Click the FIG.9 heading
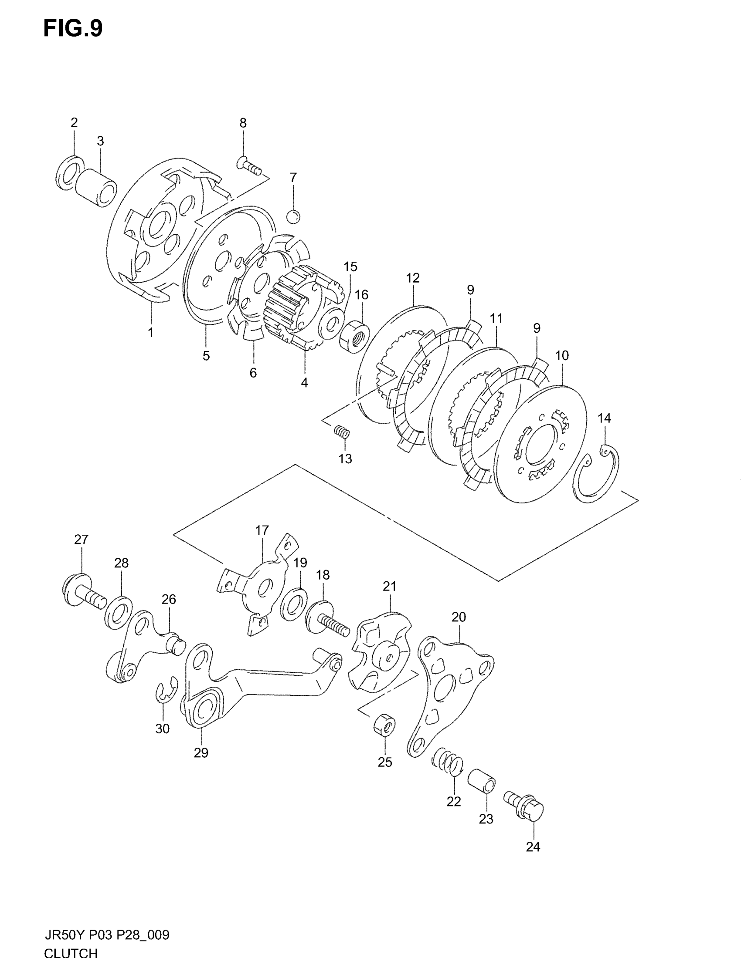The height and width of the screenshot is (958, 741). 73,29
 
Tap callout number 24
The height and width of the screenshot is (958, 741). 533,847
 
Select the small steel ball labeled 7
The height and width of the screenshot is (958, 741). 293,216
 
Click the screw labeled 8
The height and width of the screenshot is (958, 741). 249,166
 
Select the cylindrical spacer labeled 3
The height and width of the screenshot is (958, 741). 97,188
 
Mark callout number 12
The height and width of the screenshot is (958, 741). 413,278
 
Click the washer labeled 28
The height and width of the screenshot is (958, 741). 119,612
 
